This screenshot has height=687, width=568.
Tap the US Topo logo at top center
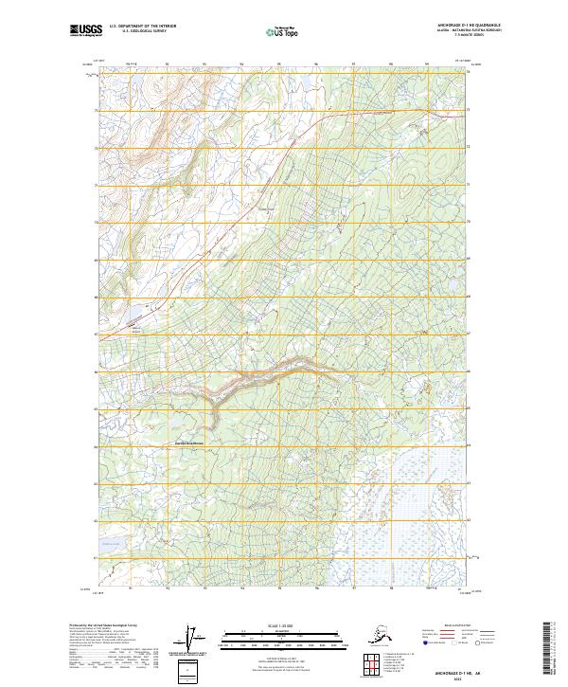coord(284,32)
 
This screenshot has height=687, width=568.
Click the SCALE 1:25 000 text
coord(283,623)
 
